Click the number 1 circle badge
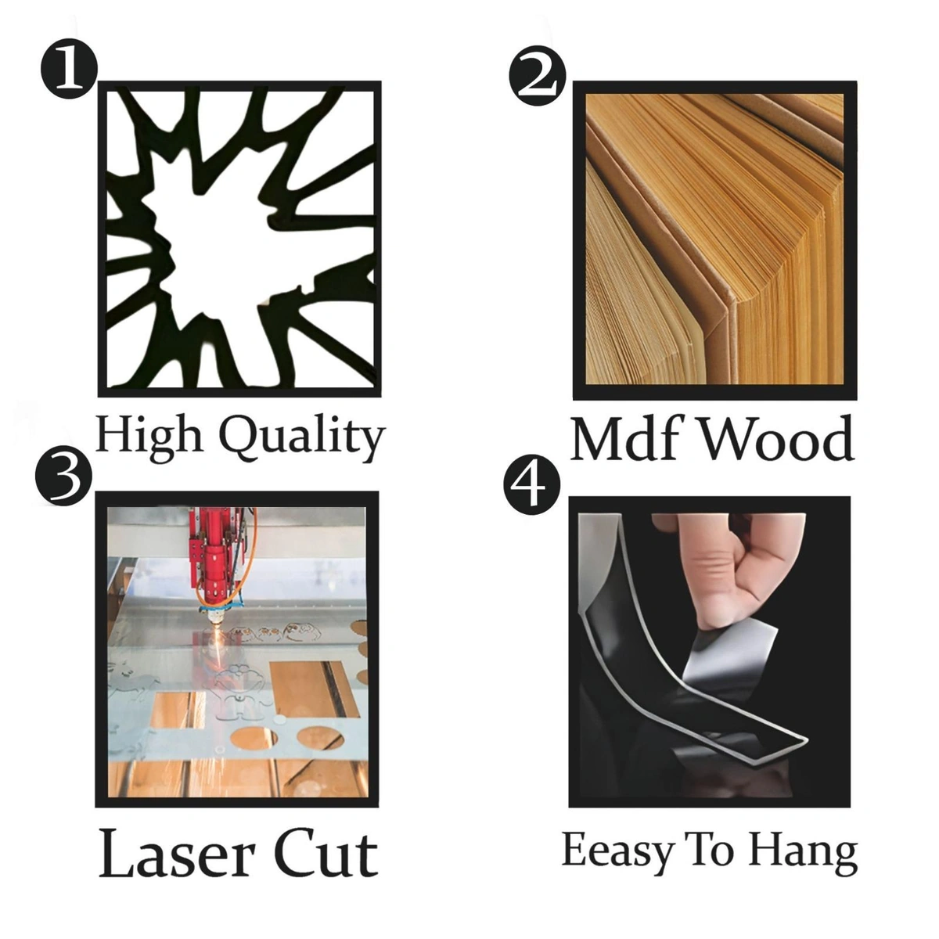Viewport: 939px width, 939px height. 69,69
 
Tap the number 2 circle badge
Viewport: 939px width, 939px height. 538,77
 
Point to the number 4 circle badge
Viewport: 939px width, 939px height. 532,486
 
